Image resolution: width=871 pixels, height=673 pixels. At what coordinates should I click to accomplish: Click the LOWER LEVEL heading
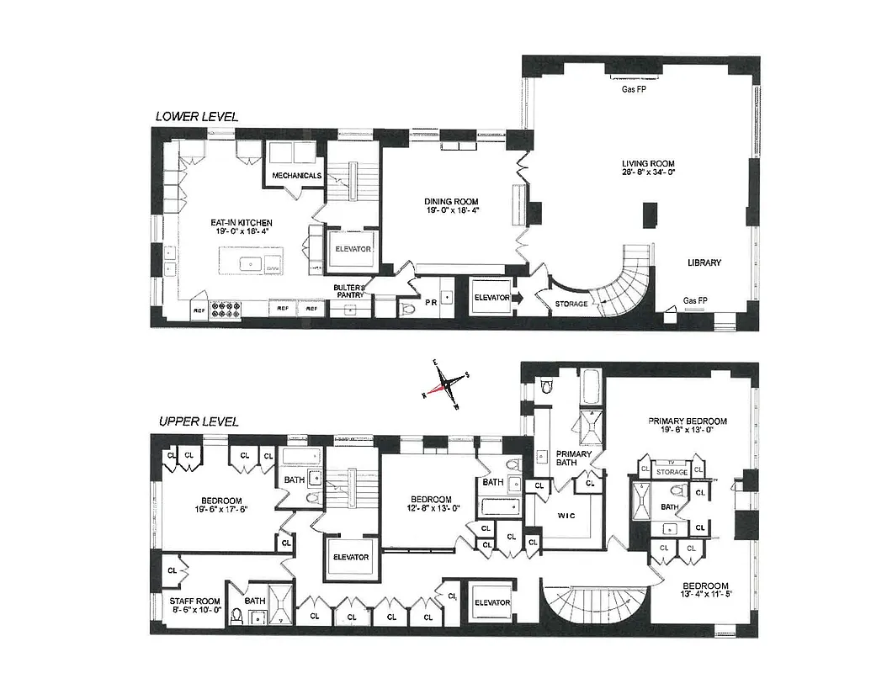tap(196, 116)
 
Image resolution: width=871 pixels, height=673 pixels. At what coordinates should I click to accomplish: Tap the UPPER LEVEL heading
tap(196, 421)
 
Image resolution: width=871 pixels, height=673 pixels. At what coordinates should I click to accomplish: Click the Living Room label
tap(648, 164)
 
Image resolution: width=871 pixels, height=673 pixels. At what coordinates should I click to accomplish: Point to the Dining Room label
tap(451, 202)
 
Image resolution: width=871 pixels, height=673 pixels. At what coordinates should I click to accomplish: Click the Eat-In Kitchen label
tap(241, 223)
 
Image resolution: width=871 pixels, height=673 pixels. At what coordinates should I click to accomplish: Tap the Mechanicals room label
tap(297, 175)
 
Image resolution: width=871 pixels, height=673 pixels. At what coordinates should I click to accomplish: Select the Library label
tap(704, 262)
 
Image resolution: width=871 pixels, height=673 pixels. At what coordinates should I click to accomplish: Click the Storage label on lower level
tap(571, 303)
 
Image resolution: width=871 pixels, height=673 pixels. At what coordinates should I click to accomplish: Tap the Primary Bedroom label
tap(687, 421)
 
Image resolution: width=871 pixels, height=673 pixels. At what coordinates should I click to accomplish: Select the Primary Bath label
tap(574, 458)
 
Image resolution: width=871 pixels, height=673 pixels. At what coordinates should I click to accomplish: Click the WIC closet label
tap(566, 515)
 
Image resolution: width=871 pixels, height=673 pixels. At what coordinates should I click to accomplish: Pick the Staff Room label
tap(194, 601)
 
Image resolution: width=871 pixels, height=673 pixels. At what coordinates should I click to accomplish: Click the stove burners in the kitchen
tap(225, 310)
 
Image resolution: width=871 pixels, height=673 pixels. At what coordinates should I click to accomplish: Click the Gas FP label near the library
tap(695, 300)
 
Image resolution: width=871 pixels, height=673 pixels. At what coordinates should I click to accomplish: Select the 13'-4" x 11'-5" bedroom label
tap(704, 586)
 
